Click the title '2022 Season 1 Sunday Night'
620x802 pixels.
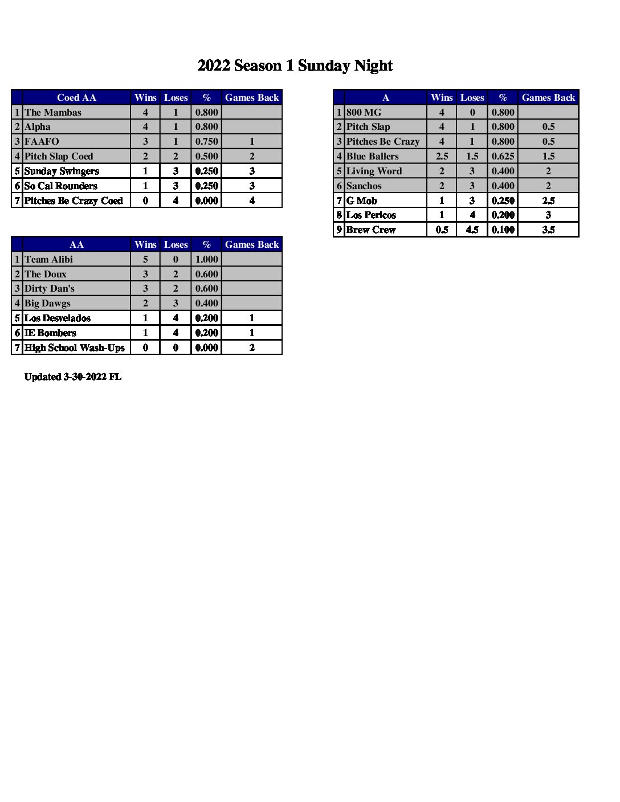pyautogui.click(x=295, y=66)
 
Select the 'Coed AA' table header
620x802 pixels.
pyautogui.click(x=76, y=97)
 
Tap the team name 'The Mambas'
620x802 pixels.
pyautogui.click(x=53, y=112)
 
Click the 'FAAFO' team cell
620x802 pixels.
pyautogui.click(x=42, y=141)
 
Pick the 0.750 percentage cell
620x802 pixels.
pyautogui.click(x=206, y=141)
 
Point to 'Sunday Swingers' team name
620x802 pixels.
pyautogui.click(x=62, y=171)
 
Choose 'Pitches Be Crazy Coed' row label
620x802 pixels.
pyautogui.click(x=74, y=200)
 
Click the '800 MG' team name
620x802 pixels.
pyautogui.click(x=364, y=112)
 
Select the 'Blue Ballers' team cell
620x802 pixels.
pyautogui.click(x=372, y=156)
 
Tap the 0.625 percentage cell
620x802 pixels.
pyautogui.click(x=503, y=156)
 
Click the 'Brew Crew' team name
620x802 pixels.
pyautogui.click(x=370, y=230)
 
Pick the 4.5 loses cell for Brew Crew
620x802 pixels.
pyautogui.click(x=472, y=230)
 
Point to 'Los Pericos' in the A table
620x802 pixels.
pyautogui.click(x=370, y=215)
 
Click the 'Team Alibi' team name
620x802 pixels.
pyautogui.click(x=48, y=259)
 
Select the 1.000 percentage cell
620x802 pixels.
pyautogui.click(x=206, y=259)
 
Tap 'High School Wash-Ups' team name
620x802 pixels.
pyautogui.click(x=74, y=347)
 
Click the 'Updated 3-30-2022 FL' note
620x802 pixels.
pyautogui.click(x=73, y=377)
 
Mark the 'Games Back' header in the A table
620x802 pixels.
pyautogui.click(x=548, y=97)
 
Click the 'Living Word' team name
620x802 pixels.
pyautogui.click(x=374, y=171)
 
